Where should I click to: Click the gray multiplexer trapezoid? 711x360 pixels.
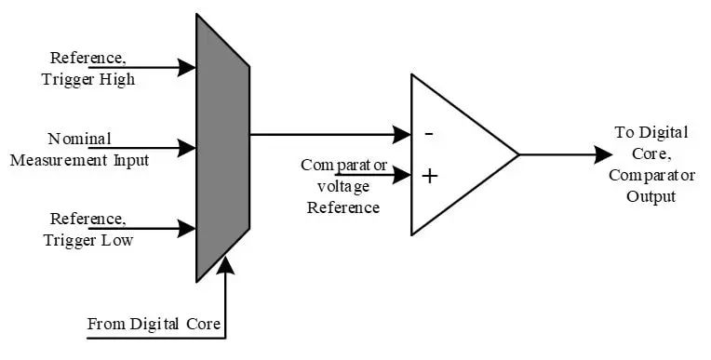coord(222,148)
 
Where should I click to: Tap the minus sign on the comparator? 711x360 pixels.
coord(429,134)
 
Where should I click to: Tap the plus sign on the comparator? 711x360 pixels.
coord(429,176)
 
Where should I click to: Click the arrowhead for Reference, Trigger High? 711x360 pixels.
coord(186,68)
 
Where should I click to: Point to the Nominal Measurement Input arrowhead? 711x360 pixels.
coord(186,148)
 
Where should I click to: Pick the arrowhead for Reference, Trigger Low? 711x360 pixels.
coord(186,228)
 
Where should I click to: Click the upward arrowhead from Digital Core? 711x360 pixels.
coord(225,266)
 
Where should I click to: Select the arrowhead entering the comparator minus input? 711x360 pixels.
coord(402,134)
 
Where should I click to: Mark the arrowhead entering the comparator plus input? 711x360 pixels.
coord(402,175)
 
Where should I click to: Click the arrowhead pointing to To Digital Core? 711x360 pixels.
coord(604,154)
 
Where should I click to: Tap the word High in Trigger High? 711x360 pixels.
coord(117,80)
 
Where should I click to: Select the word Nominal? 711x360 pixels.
coord(79,139)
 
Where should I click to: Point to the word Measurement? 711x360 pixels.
coord(59,160)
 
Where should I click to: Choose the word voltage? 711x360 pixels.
coord(343,187)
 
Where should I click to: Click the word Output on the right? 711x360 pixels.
coord(651,196)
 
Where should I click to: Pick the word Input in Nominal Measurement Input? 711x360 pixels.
coord(131,161)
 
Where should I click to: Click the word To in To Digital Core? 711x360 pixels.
coord(624,132)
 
